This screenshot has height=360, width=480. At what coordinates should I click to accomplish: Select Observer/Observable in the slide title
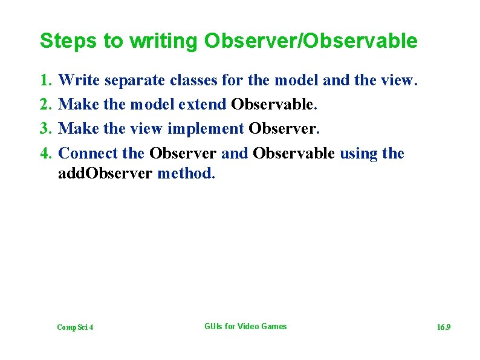tap(311, 41)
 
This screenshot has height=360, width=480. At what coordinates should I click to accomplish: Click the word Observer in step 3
tap(282, 129)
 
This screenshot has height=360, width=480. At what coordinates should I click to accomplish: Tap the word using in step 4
tap(358, 154)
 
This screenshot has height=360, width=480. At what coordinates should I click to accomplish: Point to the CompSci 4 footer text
tap(75, 327)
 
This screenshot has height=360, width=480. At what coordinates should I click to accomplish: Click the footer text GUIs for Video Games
tap(245, 327)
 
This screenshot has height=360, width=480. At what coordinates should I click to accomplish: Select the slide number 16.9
tap(444, 327)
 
